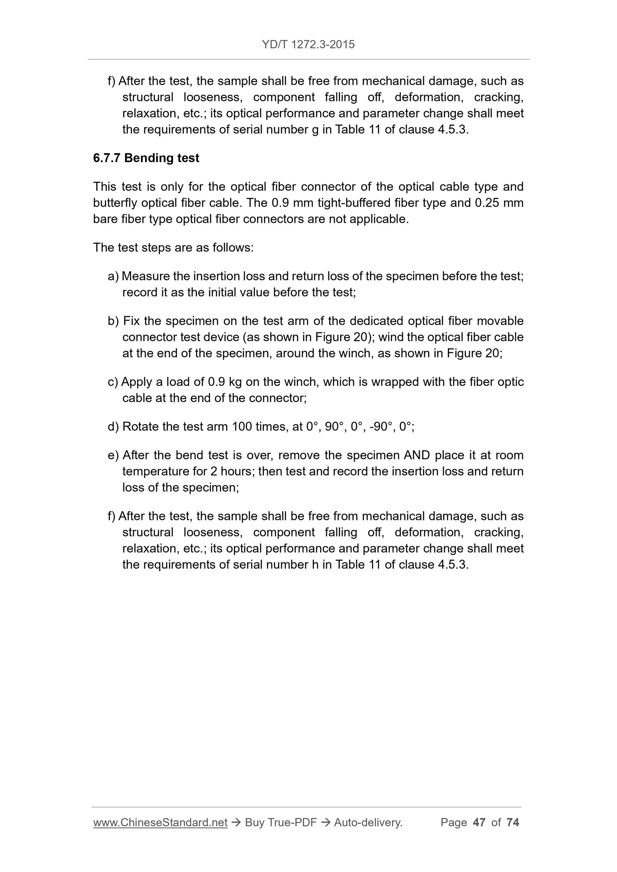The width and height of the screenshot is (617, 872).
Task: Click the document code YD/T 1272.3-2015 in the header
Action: click(308, 44)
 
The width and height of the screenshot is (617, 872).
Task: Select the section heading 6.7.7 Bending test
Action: click(146, 158)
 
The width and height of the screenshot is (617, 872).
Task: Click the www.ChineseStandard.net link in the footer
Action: click(160, 822)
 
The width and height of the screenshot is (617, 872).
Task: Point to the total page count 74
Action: click(512, 822)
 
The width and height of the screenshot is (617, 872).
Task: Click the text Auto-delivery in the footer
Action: click(368, 822)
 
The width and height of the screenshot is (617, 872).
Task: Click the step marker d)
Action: click(113, 427)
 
